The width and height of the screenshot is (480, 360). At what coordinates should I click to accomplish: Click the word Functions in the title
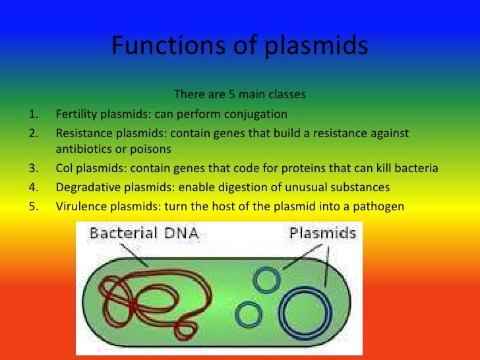(152, 45)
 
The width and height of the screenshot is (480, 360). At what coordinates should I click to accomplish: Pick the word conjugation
(255, 113)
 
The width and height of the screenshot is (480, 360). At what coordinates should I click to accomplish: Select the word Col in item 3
(65, 168)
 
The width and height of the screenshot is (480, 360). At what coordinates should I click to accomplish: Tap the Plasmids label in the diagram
(322, 233)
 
